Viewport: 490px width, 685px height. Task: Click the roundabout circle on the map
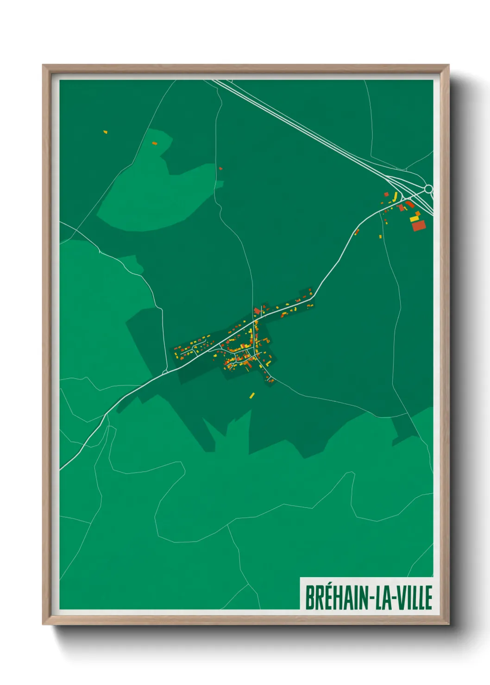pos(428,189)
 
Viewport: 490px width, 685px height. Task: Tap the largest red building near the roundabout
pos(419,225)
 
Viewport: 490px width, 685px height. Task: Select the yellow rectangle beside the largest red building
pos(414,218)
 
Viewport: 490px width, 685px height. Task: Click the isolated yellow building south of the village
pos(252,395)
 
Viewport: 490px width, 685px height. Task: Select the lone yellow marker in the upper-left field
pos(106,132)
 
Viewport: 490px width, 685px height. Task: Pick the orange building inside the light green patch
pos(155,143)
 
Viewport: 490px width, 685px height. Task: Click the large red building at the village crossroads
pos(257,311)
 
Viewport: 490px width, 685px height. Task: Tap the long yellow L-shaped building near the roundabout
pos(396,197)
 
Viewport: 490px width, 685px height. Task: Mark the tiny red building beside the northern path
pos(220,168)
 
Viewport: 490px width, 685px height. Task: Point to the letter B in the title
pos(309,598)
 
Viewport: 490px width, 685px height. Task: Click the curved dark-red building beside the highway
pos(409,203)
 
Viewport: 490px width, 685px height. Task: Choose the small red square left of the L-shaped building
pos(386,194)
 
